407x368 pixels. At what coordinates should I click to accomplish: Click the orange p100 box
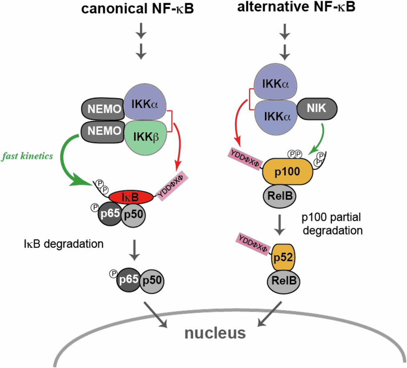288,172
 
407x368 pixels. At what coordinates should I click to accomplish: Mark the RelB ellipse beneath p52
283,282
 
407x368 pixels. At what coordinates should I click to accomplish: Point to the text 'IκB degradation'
63,244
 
